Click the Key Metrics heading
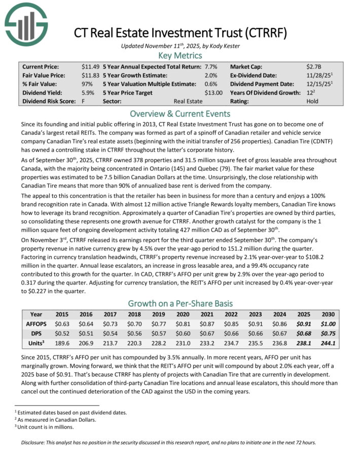180,55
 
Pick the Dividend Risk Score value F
84,101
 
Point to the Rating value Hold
313,101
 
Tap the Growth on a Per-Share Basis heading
180,303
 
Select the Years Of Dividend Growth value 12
310,92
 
